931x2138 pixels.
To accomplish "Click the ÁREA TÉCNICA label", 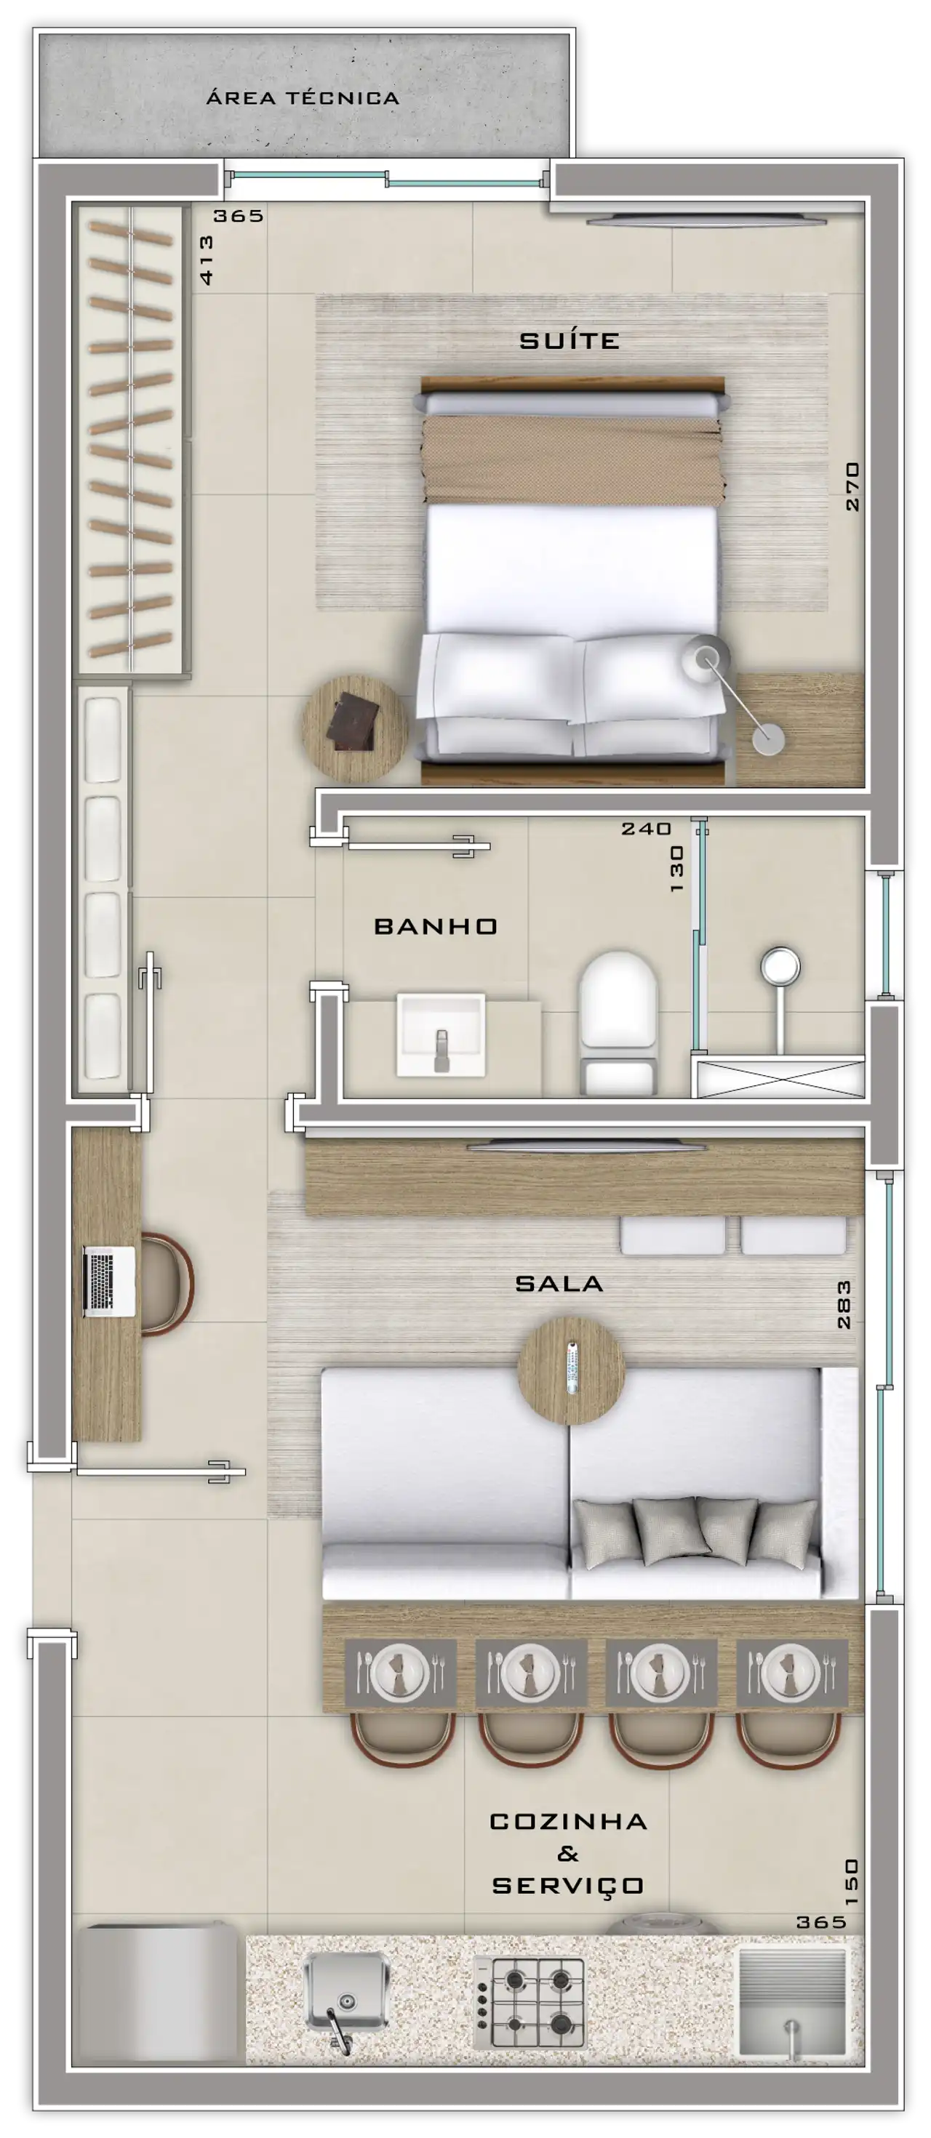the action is click(x=303, y=97).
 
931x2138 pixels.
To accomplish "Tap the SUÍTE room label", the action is click(x=569, y=340).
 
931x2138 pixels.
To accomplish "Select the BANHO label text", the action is click(x=435, y=925).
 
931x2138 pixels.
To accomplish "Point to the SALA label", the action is click(x=559, y=1283).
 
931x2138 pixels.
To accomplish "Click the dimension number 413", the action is click(x=206, y=260).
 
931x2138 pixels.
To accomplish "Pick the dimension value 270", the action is click(x=852, y=486).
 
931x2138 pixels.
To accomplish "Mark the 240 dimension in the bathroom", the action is click(x=646, y=828).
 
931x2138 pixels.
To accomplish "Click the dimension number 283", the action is click(x=844, y=1304).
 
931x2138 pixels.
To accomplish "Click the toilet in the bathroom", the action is click(x=618, y=1024).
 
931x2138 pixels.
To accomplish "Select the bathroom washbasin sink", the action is click(x=440, y=1035).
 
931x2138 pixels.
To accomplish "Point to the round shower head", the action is click(x=780, y=966).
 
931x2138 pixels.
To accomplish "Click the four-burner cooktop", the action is click(x=528, y=2003).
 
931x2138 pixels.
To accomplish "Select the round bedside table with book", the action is click(x=355, y=728).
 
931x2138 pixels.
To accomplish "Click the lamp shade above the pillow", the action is click(x=706, y=659).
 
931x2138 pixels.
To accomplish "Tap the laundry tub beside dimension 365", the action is click(x=791, y=2002).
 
